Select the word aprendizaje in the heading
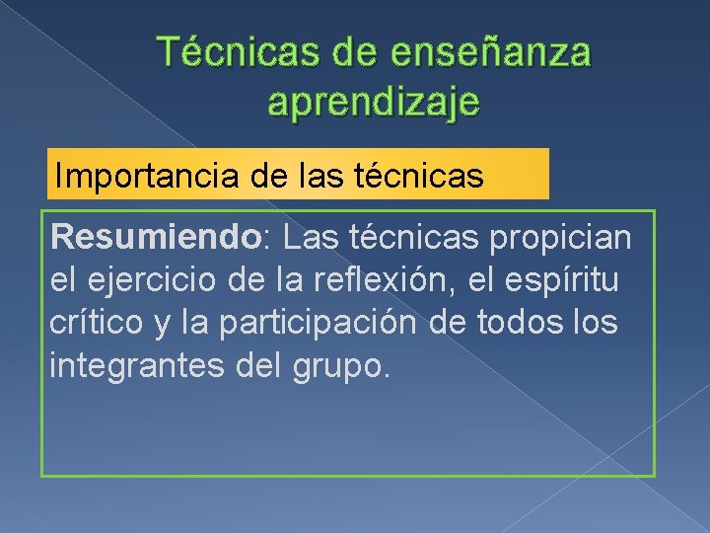[x=374, y=102]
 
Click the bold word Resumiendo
[x=139, y=237]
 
